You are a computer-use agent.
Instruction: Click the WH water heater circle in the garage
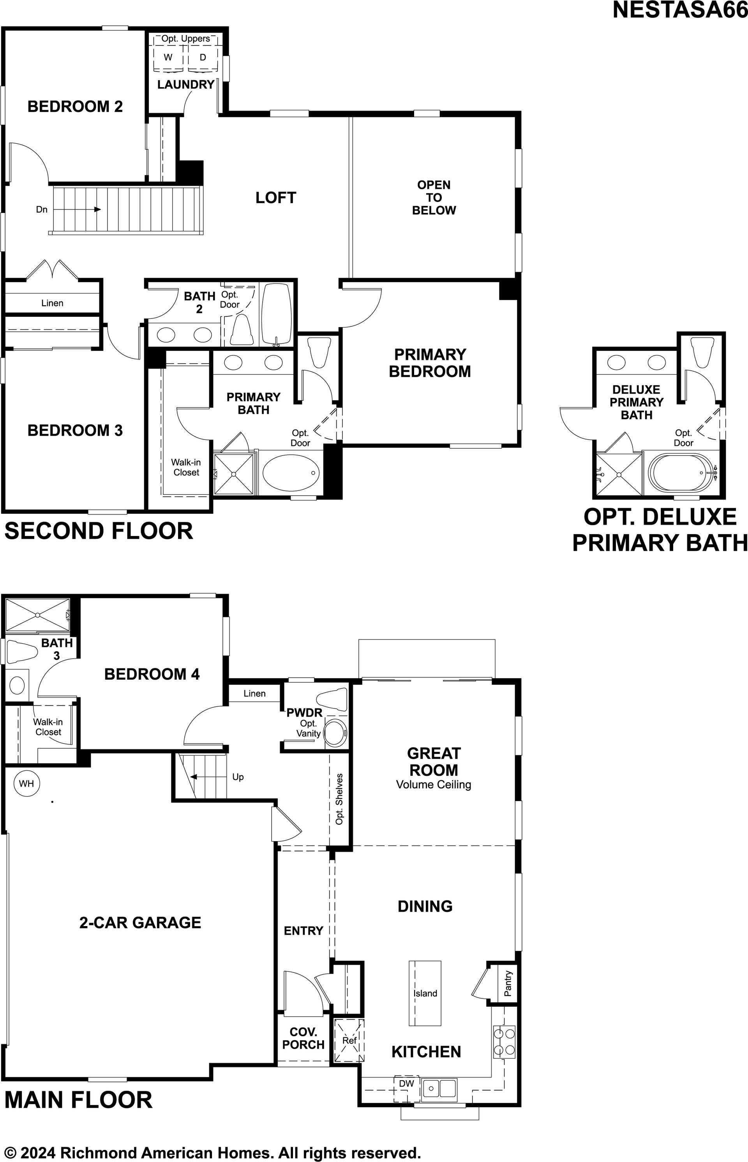click(27, 783)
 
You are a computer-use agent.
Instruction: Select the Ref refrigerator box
click(349, 1041)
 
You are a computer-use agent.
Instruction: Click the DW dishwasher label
click(407, 1084)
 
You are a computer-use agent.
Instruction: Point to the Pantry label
click(508, 983)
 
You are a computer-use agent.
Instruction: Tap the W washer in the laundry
click(168, 57)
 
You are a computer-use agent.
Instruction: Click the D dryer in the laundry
click(203, 57)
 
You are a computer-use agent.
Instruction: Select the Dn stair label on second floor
click(42, 209)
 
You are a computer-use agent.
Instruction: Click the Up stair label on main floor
click(238, 777)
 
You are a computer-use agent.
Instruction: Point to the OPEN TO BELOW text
click(434, 197)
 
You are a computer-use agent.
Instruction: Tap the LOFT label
click(276, 197)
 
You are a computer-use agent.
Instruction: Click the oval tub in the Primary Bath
click(291, 472)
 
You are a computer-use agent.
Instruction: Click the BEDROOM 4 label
click(152, 674)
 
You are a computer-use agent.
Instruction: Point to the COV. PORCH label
click(303, 1038)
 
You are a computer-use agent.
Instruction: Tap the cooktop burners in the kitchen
click(504, 1042)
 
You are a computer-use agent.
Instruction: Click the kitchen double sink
click(439, 1088)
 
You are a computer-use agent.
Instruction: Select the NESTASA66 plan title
click(680, 10)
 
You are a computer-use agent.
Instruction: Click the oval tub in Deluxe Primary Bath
click(683, 472)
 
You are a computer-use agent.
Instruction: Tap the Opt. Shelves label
click(339, 798)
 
